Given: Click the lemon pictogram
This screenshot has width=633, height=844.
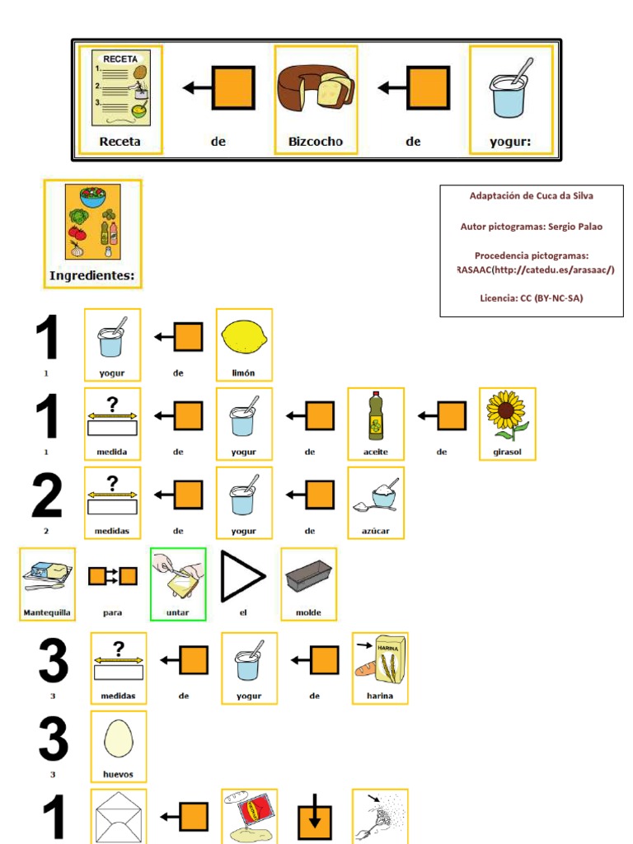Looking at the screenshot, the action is (x=243, y=336).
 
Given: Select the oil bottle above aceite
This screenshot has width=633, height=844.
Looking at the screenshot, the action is (x=375, y=415).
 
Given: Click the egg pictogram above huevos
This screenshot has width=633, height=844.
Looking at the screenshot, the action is (x=118, y=738).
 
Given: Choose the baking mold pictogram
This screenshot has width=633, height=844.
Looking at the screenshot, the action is (x=308, y=577).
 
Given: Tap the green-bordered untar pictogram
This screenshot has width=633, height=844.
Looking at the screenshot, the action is (x=178, y=575).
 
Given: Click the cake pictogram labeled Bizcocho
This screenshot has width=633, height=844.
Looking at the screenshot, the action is (x=316, y=89).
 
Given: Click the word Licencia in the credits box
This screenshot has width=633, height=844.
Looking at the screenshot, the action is (x=497, y=298).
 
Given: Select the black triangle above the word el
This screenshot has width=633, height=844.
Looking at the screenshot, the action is (x=241, y=576).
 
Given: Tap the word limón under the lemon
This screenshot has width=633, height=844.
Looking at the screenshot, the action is (x=243, y=373).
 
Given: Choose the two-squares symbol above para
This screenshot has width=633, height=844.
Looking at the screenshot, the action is (x=113, y=575).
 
